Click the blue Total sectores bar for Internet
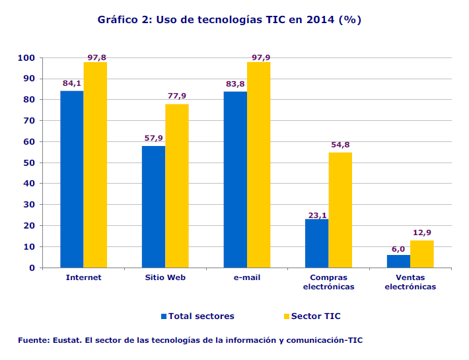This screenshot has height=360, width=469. (72, 179)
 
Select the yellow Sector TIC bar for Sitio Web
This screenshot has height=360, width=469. (177, 186)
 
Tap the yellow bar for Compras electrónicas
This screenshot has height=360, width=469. (340, 210)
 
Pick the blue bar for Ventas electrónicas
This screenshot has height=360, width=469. (398, 261)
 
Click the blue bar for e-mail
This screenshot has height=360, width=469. (235, 180)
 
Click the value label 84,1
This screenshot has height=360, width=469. (72, 84)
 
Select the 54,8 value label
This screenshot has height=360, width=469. (340, 145)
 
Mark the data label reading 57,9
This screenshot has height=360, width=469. (154, 139)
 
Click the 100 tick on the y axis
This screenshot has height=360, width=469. (26, 58)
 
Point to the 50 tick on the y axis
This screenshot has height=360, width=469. (29, 162)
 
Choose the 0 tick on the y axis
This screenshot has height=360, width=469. (32, 268)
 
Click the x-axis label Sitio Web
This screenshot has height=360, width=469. (165, 277)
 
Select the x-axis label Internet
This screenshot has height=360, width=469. (84, 277)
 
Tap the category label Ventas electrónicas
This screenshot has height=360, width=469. (410, 282)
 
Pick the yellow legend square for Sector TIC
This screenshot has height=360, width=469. (287, 316)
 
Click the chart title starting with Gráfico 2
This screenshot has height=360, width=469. (229, 20)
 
